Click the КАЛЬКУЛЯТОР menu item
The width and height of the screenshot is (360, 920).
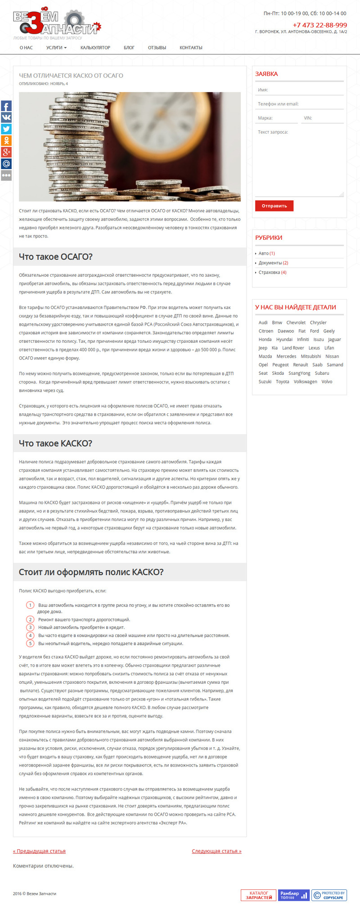95,48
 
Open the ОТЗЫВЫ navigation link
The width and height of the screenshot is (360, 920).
157,48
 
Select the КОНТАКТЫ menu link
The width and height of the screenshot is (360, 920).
191,48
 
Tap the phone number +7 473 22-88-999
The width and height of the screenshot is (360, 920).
319,25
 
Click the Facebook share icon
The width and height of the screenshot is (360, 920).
6,107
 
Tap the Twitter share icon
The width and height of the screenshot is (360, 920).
6,129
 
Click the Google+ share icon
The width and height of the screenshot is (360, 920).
6,152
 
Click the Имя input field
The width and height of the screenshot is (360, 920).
299,90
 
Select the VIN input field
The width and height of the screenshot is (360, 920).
322,118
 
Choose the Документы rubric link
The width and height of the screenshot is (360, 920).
270,263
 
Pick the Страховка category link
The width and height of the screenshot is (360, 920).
269,272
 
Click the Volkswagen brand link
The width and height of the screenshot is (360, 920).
305,381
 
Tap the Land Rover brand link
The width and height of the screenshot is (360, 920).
293,348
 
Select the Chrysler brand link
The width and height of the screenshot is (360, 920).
318,323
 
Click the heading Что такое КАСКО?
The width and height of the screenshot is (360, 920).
55,443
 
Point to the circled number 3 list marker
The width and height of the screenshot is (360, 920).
30,627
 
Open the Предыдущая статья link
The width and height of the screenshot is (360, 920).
39,851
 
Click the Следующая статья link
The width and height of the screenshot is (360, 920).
216,851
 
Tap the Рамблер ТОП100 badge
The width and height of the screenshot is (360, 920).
293,895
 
